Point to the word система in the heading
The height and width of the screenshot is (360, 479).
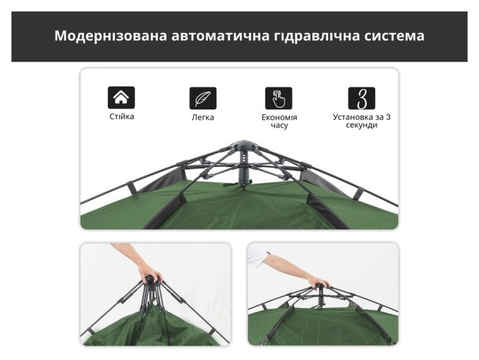point(395,36)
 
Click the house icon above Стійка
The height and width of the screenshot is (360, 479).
point(121,97)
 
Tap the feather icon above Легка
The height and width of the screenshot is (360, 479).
point(203,98)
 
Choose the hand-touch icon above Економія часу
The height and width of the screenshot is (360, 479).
point(279,98)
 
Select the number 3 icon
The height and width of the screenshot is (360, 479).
point(361,98)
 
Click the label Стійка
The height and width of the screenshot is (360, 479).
point(122,116)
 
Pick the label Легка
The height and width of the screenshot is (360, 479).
point(203,117)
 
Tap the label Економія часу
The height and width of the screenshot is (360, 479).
point(279,121)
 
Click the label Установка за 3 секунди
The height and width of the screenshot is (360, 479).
point(361,121)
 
